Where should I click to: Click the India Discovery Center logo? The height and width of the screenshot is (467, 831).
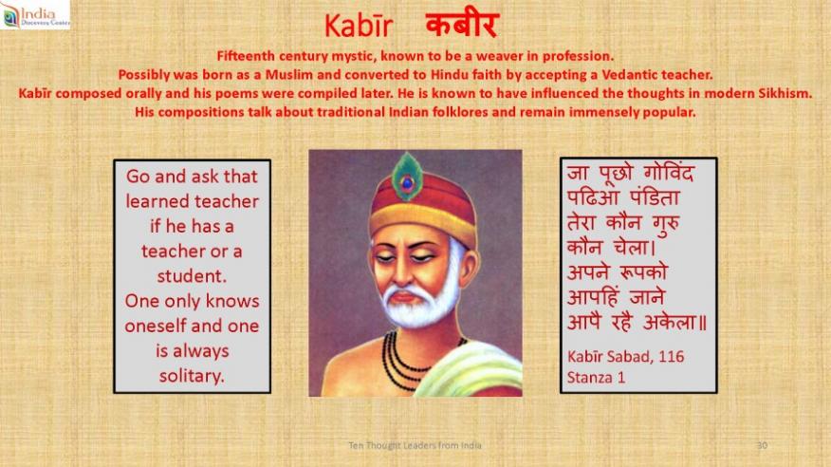(35, 14)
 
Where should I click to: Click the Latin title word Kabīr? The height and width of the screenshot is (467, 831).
(359, 26)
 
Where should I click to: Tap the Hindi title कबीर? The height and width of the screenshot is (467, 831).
(462, 26)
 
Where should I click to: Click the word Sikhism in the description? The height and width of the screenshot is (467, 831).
(785, 93)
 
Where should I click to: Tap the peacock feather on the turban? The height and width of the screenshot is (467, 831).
(407, 177)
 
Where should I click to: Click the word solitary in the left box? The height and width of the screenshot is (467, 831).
(192, 376)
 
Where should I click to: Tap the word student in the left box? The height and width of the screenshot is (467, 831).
(192, 276)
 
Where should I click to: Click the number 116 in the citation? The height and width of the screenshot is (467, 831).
(671, 357)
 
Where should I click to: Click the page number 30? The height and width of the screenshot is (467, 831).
(762, 445)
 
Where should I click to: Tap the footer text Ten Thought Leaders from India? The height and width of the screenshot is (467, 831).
(415, 445)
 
